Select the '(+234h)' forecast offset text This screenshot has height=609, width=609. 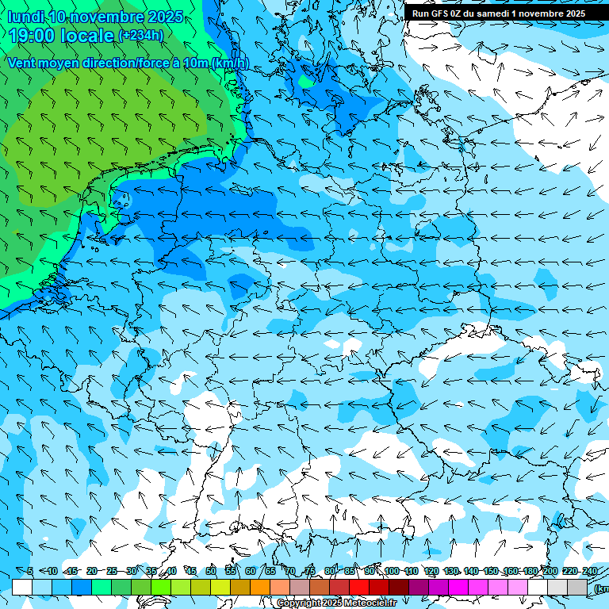(x=140, y=35)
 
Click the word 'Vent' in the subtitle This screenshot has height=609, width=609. (x=23, y=63)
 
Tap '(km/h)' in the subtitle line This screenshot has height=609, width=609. (x=231, y=63)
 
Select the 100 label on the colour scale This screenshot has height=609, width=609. (x=391, y=571)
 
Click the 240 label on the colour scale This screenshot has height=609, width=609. (x=589, y=571)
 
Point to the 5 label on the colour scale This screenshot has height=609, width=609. (x=29, y=571)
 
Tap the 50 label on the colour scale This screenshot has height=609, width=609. (x=211, y=571)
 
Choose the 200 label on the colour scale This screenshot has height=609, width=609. (x=550, y=571)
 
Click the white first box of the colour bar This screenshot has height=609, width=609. (x=22, y=587)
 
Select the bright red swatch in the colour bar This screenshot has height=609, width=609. (x=359, y=587)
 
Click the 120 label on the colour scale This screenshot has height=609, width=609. (x=431, y=571)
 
